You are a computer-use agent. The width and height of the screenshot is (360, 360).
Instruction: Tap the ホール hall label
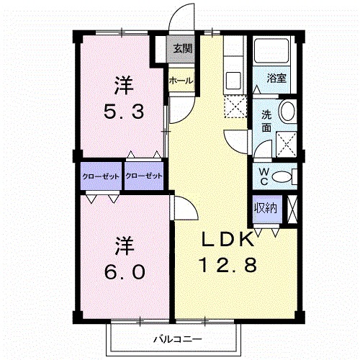coord(181,81)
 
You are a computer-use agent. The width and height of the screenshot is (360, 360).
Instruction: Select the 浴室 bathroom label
coord(276,78)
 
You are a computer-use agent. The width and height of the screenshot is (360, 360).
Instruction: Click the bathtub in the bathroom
coord(271,50)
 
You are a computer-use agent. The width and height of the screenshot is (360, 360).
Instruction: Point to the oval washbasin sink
coord(287,112)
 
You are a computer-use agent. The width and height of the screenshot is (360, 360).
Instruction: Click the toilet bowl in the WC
coord(281,177)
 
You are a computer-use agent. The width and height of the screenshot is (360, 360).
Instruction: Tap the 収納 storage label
coord(266,208)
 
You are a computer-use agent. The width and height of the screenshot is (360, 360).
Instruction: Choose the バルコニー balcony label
coord(178,340)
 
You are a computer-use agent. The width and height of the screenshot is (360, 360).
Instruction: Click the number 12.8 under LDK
coord(229,265)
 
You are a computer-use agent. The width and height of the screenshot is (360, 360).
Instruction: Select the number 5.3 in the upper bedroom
coord(124,112)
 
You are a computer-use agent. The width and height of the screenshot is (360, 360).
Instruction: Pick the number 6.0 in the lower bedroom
coord(125,271)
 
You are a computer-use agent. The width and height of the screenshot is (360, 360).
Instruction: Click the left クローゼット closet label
coord(101,176)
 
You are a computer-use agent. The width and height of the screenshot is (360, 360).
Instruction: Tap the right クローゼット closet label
coord(144,176)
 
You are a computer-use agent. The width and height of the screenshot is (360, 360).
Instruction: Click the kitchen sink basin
coord(233,80)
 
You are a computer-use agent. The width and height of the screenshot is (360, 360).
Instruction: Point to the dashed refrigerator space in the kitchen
coord(235,107)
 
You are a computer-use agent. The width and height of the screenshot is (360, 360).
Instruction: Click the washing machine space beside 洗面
coord(287,144)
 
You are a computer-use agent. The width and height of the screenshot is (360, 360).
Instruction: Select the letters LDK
coord(228,239)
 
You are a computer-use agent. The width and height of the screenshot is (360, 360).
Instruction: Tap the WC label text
coord(264,176)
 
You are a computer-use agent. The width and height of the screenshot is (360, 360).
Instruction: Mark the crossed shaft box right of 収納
coord(292,210)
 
